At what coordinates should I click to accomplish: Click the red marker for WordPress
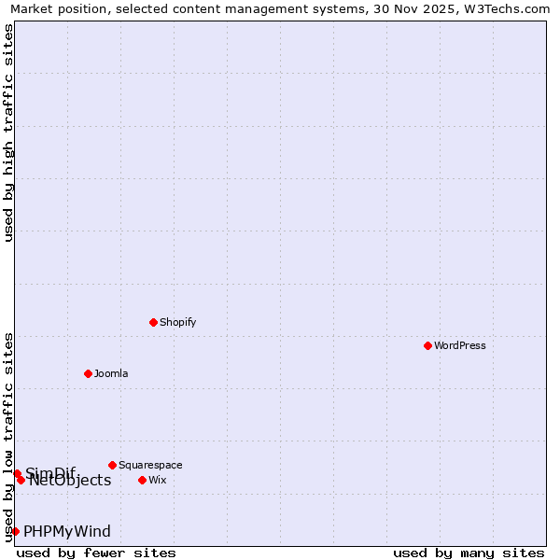coord(427,345)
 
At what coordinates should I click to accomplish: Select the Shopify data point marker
coord(153,322)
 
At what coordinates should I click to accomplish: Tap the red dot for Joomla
coord(88,373)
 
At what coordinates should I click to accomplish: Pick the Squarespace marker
coord(112,465)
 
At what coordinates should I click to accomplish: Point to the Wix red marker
coord(142,480)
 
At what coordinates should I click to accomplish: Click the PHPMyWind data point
coord(15,531)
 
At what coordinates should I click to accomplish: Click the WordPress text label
coord(460,345)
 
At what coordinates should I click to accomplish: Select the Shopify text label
coord(177,322)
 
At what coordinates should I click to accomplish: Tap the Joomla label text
coord(111,373)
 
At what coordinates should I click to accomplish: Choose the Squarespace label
coord(150,465)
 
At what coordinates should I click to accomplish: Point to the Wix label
coord(158,480)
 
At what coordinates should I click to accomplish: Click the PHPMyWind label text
coord(67,531)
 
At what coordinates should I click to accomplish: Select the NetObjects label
coord(70,481)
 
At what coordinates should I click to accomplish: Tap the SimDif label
coord(50,472)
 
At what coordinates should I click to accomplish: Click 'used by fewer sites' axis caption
coord(96,553)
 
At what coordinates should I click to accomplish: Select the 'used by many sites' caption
coord(469,553)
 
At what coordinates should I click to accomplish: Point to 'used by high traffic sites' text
coord(8,133)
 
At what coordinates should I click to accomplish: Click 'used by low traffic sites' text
coord(8,437)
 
